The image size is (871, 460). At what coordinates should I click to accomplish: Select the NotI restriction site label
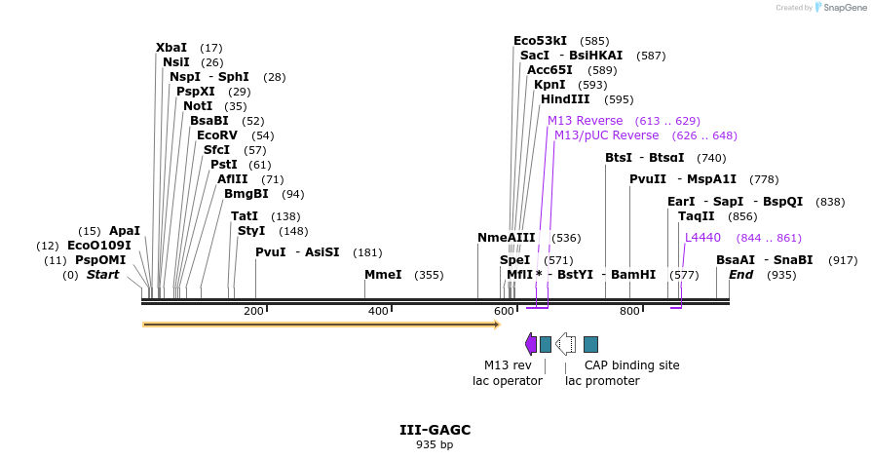point(198,106)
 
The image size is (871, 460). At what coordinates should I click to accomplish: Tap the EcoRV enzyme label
point(216,135)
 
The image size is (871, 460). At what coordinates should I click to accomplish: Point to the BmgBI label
point(246,194)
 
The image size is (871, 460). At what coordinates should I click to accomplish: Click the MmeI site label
point(383,275)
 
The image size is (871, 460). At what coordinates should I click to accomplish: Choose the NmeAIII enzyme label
point(507,238)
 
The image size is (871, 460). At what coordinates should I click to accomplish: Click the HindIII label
point(565,99)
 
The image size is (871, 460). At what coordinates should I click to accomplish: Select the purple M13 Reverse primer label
point(585,121)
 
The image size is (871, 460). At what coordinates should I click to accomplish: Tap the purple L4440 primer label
point(702,238)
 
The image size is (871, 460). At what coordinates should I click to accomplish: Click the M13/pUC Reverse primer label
point(606,135)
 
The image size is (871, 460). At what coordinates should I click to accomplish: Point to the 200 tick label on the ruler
point(253,312)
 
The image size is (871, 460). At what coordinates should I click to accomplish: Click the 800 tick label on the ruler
point(629,312)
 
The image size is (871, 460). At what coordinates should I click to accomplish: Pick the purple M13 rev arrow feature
point(530,344)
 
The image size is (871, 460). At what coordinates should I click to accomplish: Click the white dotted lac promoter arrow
point(565,344)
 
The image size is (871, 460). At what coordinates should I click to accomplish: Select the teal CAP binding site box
point(590,344)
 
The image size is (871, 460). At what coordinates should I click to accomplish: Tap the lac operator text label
point(507,381)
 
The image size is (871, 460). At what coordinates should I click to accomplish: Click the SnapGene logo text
point(846,8)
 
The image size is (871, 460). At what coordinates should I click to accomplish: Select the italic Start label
point(102,275)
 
